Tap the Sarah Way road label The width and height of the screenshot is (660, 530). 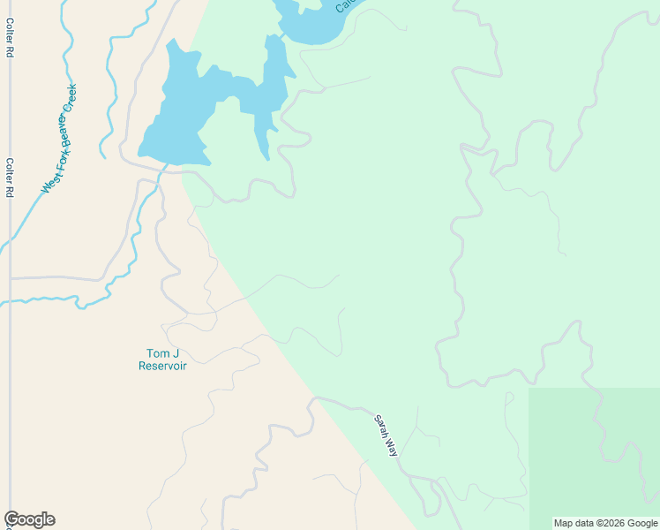tap(386, 435)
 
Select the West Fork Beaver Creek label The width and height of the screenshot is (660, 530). tap(60, 139)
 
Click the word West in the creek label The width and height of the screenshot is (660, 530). tap(48, 183)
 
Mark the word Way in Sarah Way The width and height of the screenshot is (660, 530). tap(393, 447)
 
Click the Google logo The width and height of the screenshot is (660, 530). tap(29, 519)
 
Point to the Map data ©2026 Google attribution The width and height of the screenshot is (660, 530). tap(605, 523)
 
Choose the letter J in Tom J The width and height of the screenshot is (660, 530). tap(176, 353)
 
